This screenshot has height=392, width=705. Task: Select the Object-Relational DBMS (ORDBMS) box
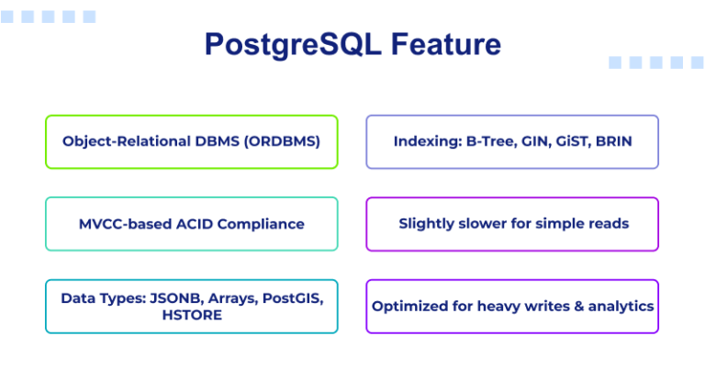coord(191,141)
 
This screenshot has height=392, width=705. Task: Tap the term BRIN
coord(613,141)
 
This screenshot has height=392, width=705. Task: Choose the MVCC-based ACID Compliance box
coord(191,223)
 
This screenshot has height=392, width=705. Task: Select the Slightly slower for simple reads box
coord(512,223)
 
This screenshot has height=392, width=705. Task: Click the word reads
coord(609,223)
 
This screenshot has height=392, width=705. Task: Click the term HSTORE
coord(191,315)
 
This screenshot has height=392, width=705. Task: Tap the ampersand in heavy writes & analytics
coord(575,306)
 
